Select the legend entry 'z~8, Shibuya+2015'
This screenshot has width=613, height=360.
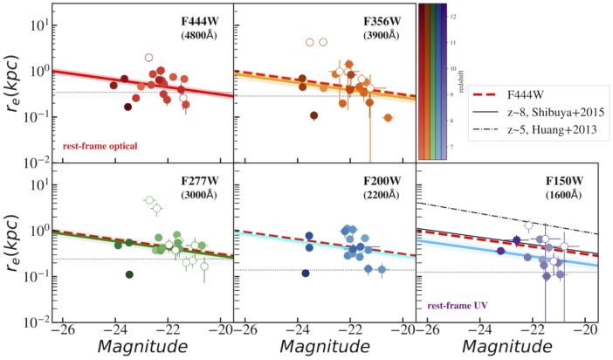553,113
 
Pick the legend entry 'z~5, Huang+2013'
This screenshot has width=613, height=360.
549,130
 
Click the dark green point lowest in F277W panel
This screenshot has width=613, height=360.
129,274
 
